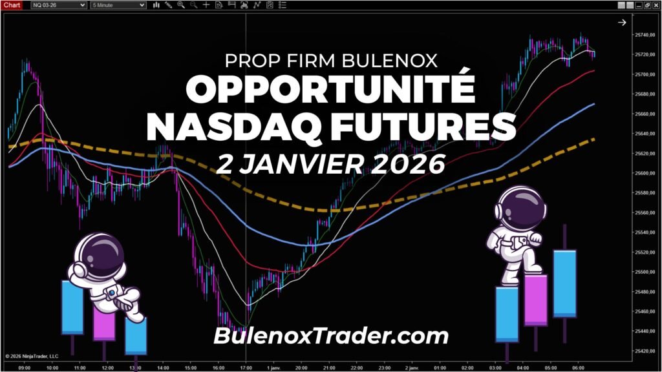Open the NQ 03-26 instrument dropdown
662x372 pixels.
59,5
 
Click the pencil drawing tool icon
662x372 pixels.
168,5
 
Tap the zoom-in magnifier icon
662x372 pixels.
181,5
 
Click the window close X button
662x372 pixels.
656,5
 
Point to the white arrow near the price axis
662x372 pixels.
622,23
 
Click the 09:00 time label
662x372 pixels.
25,367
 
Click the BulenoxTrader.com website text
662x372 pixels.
330,336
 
